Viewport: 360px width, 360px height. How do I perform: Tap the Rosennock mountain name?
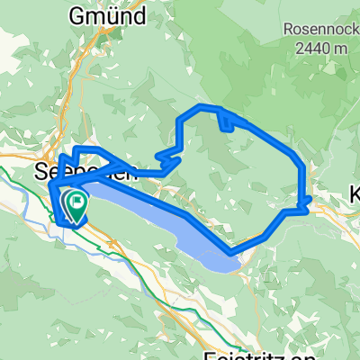click(x=316, y=28)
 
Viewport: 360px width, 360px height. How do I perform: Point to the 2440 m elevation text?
click(x=316, y=45)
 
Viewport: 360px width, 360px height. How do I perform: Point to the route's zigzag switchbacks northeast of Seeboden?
click(x=166, y=159)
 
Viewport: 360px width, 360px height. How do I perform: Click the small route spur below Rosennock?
click(x=225, y=123)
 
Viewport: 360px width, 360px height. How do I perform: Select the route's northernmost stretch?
click(x=202, y=108)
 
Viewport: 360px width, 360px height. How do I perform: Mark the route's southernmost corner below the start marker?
click(x=60, y=220)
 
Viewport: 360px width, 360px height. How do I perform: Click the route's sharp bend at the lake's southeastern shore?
click(x=232, y=250)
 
